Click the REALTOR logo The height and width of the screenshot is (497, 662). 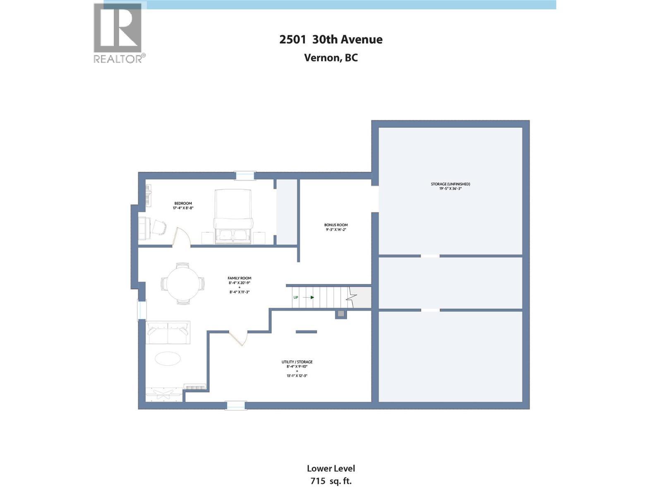click(120, 33)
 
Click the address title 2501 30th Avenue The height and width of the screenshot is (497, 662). click(331, 39)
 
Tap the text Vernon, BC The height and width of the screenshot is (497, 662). click(331, 58)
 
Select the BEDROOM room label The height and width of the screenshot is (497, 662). click(183, 203)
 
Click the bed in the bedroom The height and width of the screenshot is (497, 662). click(233, 216)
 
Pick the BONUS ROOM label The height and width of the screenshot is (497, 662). click(336, 225)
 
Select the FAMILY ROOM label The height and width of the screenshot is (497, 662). click(239, 278)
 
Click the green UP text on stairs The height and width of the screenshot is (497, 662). click(295, 297)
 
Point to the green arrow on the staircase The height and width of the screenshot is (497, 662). click(308, 297)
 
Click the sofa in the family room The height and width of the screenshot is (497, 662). click(168, 333)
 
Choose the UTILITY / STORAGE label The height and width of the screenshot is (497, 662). click(297, 362)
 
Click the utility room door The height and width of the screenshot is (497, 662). click(237, 338)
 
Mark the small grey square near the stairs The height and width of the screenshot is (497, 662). click(341, 314)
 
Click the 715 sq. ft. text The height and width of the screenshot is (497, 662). click(331, 481)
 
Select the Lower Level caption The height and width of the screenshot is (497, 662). click(331, 468)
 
